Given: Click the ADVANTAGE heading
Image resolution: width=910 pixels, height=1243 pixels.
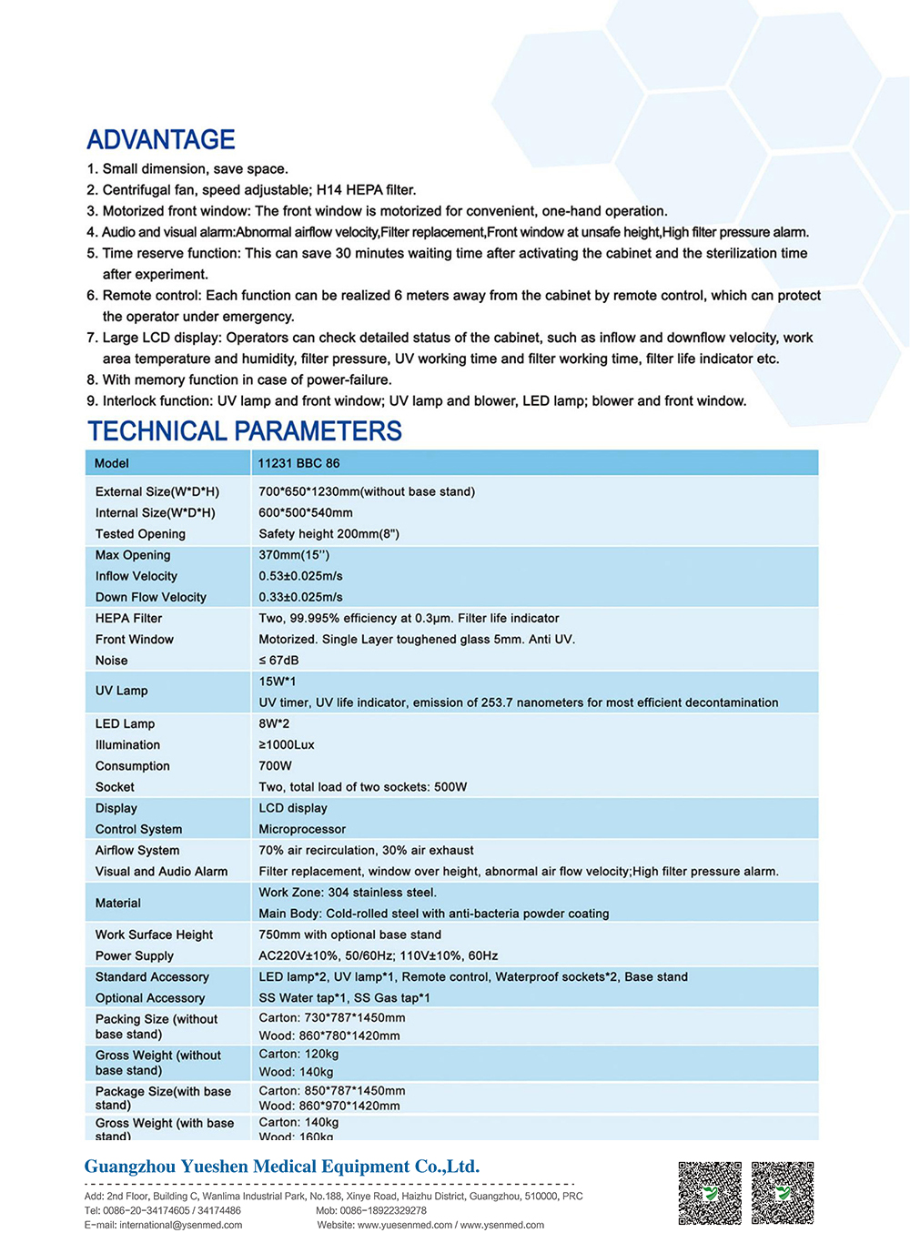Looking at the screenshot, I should pyautogui.click(x=161, y=140).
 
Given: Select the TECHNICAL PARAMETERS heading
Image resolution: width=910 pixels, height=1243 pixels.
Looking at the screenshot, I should pyautogui.click(x=245, y=431).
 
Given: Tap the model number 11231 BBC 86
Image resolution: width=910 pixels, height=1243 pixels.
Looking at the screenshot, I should pyautogui.click(x=298, y=463).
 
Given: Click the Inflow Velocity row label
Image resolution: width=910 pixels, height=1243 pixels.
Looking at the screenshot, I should pyautogui.click(x=136, y=576).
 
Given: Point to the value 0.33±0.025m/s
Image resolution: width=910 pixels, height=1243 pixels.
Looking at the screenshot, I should pyautogui.click(x=300, y=597).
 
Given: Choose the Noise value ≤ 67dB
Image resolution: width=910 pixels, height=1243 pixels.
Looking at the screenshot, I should pyautogui.click(x=278, y=661).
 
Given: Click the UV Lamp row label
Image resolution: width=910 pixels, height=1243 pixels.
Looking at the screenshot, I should pyautogui.click(x=121, y=691).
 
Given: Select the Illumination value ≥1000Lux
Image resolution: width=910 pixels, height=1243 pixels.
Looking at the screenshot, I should pyautogui.click(x=287, y=744).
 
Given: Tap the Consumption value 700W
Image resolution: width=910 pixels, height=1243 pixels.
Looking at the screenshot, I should pyautogui.click(x=275, y=766).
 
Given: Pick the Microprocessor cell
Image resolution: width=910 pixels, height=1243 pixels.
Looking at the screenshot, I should pyautogui.click(x=302, y=829).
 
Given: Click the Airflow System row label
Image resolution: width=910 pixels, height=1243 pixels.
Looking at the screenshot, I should pyautogui.click(x=137, y=850).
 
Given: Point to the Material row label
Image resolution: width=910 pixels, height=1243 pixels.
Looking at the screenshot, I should pyautogui.click(x=118, y=903).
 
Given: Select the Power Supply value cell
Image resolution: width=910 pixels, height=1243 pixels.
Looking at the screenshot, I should pyautogui.click(x=378, y=955).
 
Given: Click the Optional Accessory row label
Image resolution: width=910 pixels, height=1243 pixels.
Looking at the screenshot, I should pyautogui.click(x=150, y=997).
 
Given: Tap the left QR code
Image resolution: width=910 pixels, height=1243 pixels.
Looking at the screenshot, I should pyautogui.click(x=710, y=1193).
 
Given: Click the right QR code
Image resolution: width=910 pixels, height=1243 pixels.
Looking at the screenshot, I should pyautogui.click(x=783, y=1193).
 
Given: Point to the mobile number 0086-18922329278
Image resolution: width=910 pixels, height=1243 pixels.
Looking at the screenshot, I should pyautogui.click(x=383, y=1210).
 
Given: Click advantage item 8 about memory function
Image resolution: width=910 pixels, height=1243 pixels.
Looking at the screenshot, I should pyautogui.click(x=238, y=379).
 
